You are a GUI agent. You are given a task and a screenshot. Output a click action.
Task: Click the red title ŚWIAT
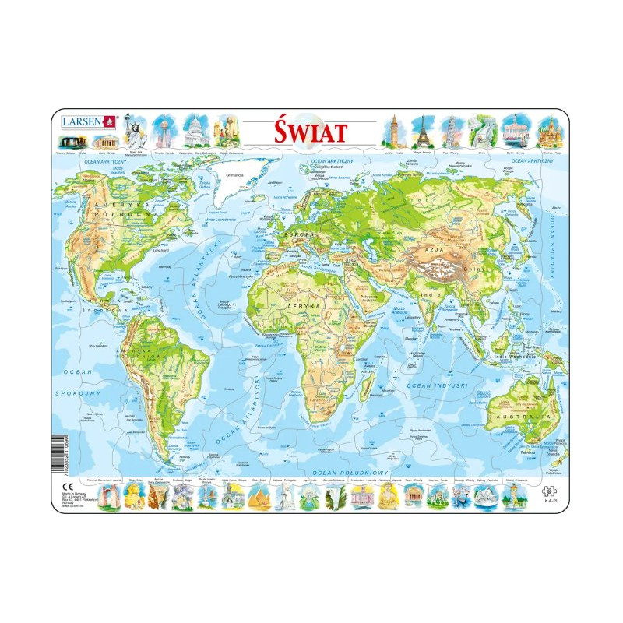310,131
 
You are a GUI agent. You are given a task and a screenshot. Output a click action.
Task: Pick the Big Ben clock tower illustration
394,130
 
